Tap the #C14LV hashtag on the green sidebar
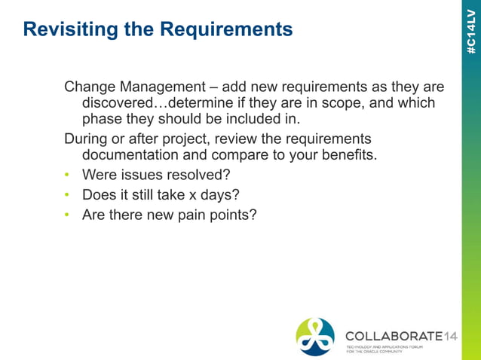click(471, 30)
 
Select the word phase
click(102, 119)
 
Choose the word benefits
click(345, 156)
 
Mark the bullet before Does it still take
click(66, 196)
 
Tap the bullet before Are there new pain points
click(66, 215)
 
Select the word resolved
click(201, 175)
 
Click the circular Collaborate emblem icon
click(315, 337)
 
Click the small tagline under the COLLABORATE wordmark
click(384, 349)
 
